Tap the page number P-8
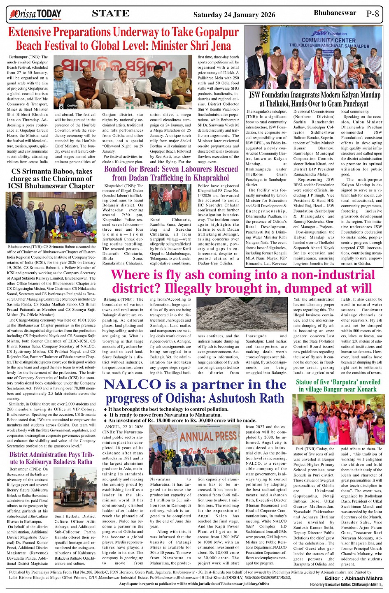tap(373, 14)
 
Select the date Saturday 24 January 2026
tap(234, 15)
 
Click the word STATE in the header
tap(110, 14)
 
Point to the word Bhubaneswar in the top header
tap(335, 13)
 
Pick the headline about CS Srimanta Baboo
tap(52, 178)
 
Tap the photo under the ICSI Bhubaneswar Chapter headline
tap(51, 218)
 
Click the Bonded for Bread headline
tap(171, 173)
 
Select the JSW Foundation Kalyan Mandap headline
tap(314, 100)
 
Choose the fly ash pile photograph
tap(220, 314)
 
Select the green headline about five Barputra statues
tap(338, 385)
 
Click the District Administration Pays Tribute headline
tap(51, 458)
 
